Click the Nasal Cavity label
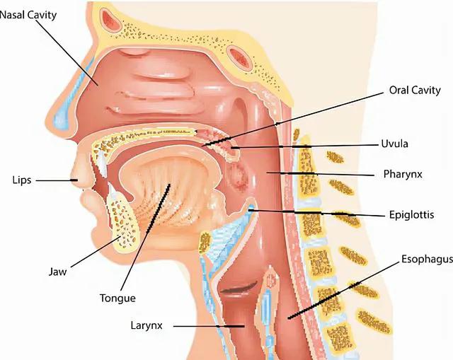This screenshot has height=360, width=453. [28, 15]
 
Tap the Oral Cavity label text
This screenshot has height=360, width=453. [415, 91]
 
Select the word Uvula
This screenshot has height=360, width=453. [395, 144]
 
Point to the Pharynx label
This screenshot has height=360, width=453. [403, 174]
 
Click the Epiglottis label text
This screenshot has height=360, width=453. [411, 215]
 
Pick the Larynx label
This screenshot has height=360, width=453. [147, 325]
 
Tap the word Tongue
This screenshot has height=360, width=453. [117, 298]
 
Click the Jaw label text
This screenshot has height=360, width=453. [57, 272]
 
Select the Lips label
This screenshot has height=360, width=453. [22, 180]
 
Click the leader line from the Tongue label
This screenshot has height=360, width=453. [145, 237]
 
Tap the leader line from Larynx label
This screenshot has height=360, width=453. [209, 326]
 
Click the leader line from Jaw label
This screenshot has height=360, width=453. [96, 252]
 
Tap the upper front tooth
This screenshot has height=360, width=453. [101, 164]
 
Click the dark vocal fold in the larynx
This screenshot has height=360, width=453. [239, 288]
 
